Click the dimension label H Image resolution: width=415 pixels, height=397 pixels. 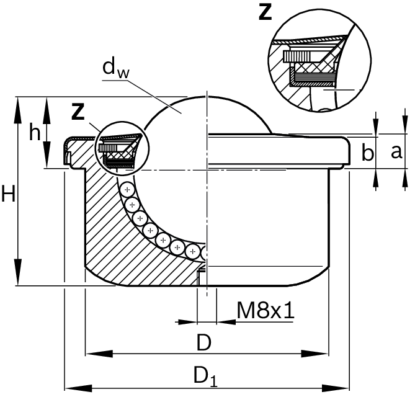(x=9, y=194)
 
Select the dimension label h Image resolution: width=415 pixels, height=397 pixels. (x=35, y=132)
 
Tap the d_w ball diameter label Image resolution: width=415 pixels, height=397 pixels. (x=116, y=69)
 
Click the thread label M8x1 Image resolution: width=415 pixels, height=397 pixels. (x=266, y=310)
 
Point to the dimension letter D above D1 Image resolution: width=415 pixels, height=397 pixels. (x=204, y=342)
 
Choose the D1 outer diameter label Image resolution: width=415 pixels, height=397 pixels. (x=205, y=377)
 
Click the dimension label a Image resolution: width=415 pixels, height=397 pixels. (x=396, y=152)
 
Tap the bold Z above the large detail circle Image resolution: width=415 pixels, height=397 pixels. (x=266, y=12)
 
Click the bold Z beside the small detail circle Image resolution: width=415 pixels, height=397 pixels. (x=78, y=112)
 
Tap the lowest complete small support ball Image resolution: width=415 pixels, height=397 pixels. (x=193, y=251)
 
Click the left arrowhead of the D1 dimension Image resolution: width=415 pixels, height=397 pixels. (x=78, y=388)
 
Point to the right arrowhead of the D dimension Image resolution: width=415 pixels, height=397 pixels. (x=315, y=354)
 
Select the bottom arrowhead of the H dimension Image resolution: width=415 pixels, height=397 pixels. (x=18, y=272)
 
